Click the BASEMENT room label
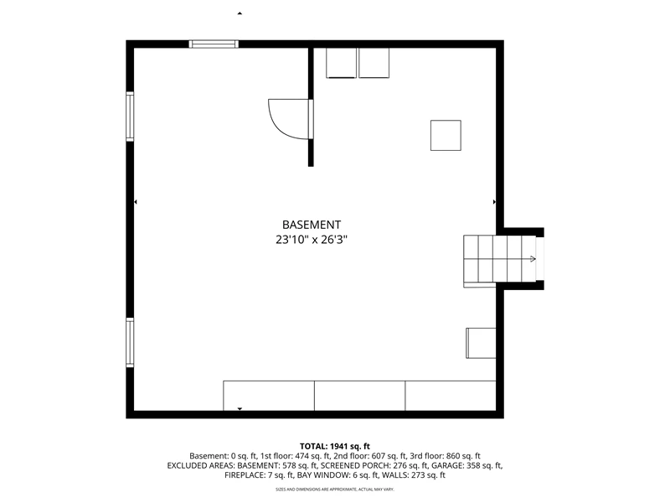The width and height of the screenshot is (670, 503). (312, 225)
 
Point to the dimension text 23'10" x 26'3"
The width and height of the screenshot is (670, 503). (312, 240)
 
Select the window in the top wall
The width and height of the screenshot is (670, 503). (214, 44)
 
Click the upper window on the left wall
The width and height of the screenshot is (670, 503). (130, 117)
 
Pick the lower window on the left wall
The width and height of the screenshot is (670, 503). (130, 342)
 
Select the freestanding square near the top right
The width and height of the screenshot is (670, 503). (446, 136)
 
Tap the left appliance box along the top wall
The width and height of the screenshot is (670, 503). (341, 63)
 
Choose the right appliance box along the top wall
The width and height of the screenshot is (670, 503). (374, 63)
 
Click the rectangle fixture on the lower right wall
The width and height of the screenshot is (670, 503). (481, 343)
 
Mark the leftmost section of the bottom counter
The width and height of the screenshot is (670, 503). (269, 396)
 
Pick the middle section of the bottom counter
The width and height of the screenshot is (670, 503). (360, 396)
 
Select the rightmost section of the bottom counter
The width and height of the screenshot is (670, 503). (451, 396)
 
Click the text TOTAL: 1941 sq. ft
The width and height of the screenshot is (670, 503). (335, 447)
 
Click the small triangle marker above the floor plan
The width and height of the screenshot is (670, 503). (240, 13)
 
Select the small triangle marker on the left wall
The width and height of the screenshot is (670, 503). (136, 201)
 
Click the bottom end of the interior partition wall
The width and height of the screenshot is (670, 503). (311, 166)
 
